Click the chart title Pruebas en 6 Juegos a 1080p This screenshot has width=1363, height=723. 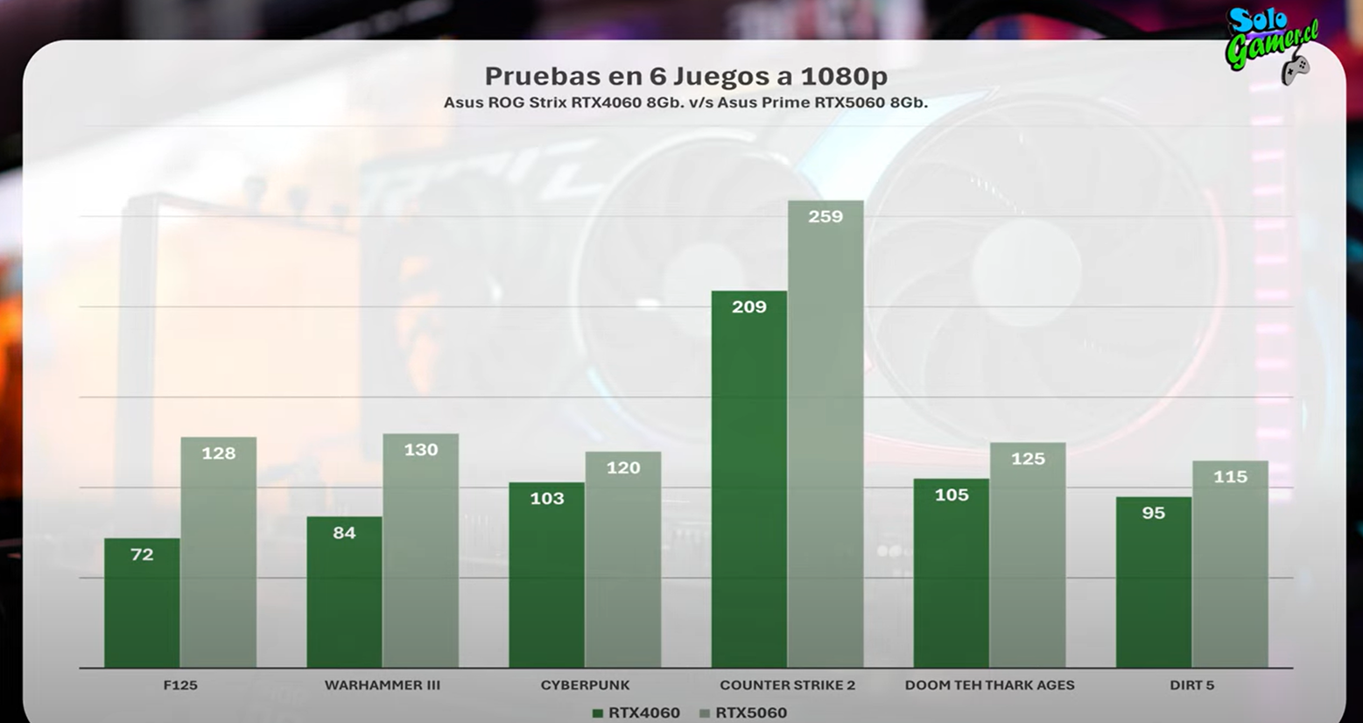[x=685, y=76]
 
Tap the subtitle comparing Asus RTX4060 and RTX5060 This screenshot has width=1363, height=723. [x=685, y=102]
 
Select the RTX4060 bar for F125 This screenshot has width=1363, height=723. [x=142, y=604]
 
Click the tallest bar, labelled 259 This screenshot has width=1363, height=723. [x=825, y=438]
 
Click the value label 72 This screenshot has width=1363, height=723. [x=142, y=554]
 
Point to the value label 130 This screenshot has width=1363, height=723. [x=420, y=450]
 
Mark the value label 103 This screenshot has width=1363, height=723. [x=547, y=498]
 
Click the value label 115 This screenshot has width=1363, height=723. [x=1230, y=477]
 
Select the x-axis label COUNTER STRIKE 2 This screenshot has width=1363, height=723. [x=787, y=685]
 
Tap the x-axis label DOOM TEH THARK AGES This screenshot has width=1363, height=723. [x=989, y=685]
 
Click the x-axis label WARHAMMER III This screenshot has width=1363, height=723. [x=383, y=685]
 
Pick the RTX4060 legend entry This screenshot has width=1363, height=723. [x=636, y=712]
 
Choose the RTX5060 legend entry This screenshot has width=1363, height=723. [x=743, y=712]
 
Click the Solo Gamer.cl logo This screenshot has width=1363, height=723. [x=1271, y=44]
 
